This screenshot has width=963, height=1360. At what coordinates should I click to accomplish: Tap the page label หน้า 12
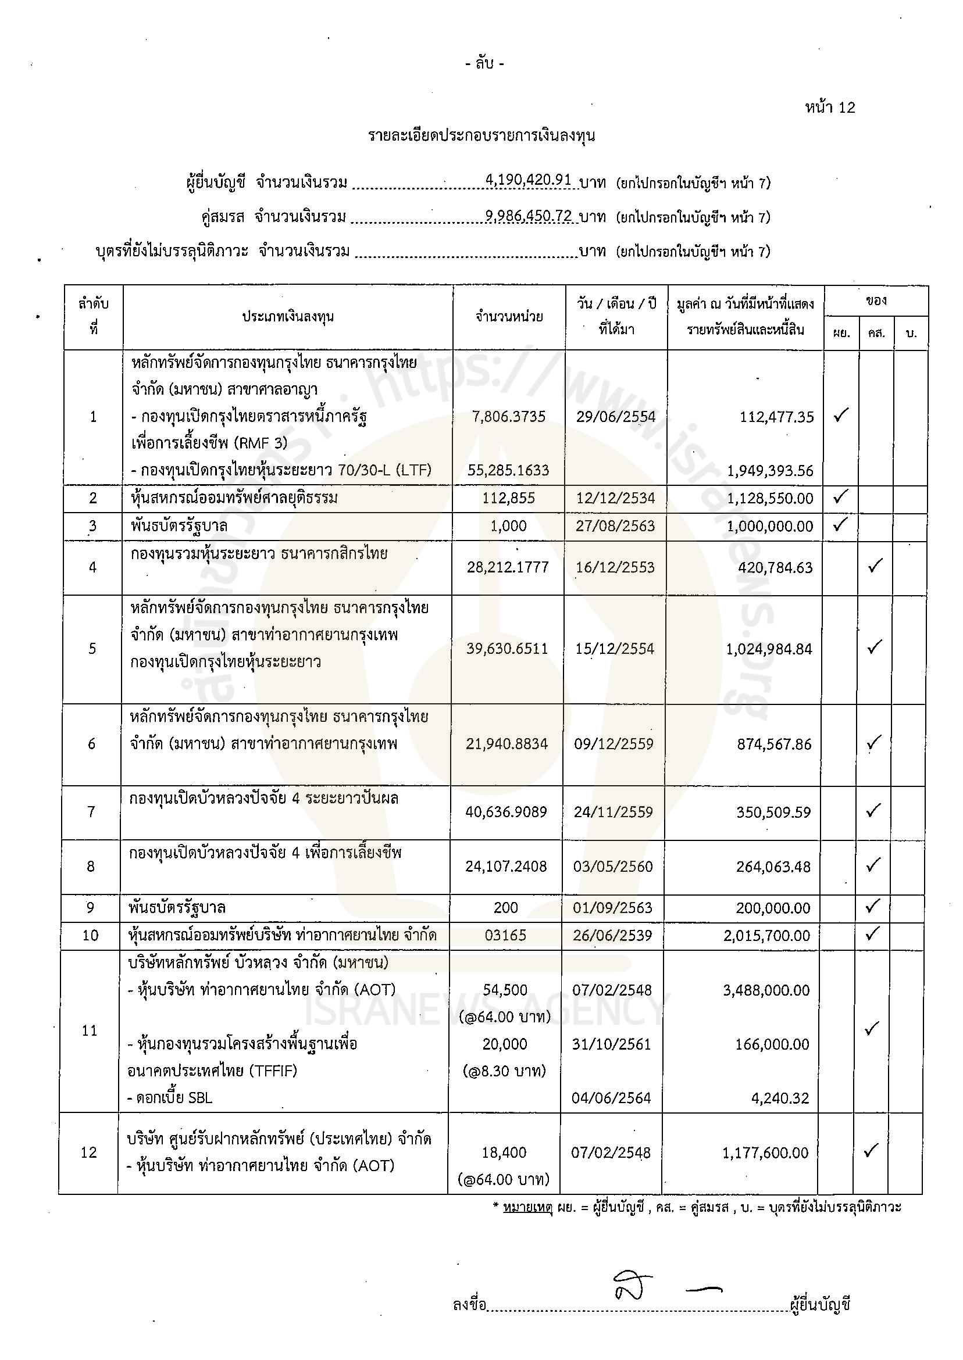(830, 108)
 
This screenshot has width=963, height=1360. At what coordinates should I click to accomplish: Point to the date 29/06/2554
(615, 417)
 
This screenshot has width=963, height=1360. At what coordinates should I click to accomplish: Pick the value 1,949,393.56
(771, 471)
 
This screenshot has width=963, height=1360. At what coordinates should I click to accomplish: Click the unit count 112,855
(509, 498)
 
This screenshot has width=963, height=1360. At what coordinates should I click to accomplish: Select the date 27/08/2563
(615, 526)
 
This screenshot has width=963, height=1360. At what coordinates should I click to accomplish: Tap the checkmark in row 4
(875, 566)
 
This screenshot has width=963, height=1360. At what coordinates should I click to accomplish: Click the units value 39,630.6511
(507, 649)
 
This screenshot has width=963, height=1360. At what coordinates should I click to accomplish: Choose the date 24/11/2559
(613, 812)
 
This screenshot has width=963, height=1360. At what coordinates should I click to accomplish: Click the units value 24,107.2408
(506, 867)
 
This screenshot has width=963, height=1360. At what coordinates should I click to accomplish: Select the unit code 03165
(505, 936)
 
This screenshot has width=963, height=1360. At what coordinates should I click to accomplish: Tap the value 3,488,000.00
(766, 990)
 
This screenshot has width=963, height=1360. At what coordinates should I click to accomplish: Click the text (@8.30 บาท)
(505, 1071)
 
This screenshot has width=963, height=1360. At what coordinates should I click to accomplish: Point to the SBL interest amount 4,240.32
(780, 1098)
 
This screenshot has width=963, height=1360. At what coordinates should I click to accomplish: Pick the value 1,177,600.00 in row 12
(765, 1153)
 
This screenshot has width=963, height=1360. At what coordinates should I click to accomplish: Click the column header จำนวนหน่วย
(509, 317)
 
